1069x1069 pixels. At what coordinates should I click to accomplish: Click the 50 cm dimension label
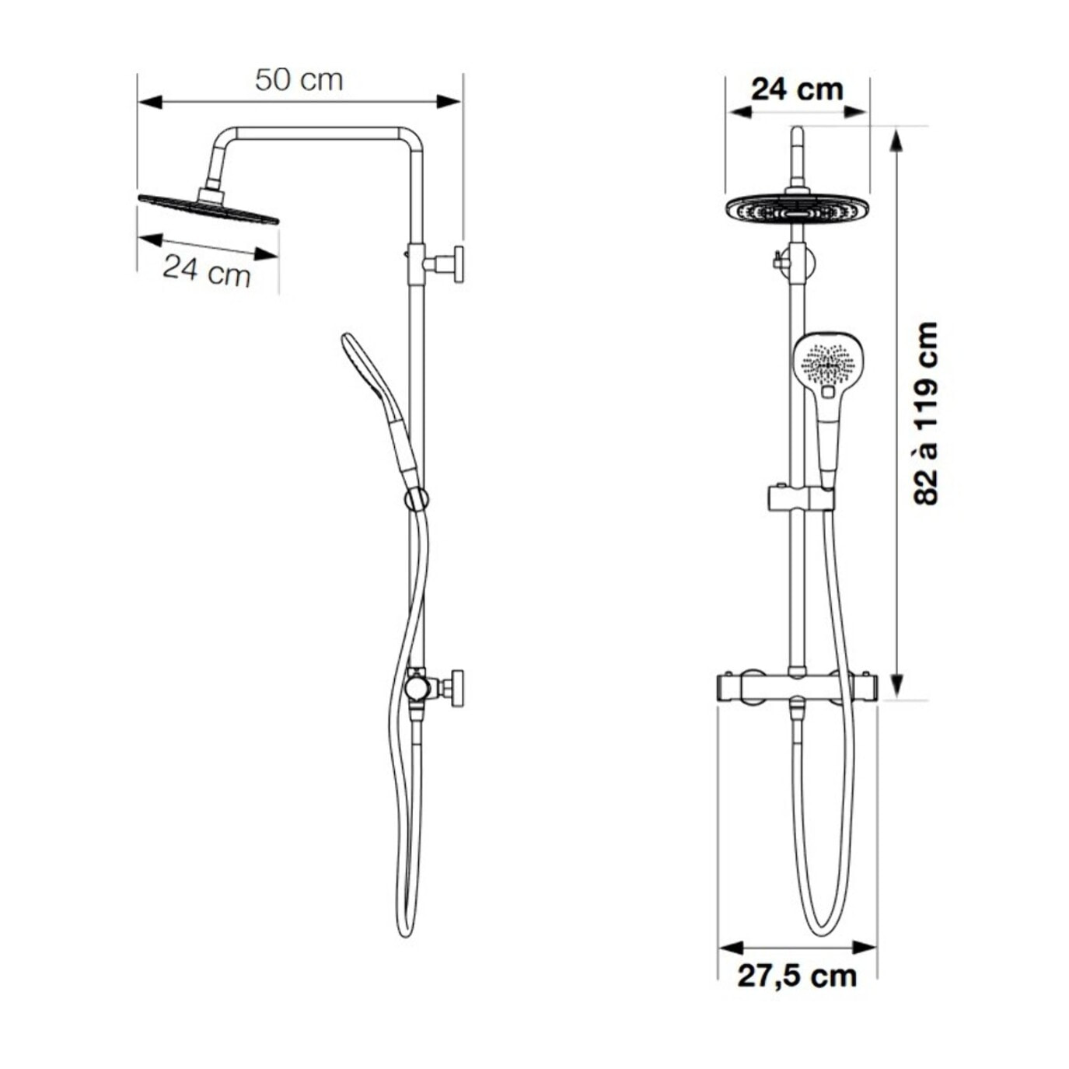coord(299,80)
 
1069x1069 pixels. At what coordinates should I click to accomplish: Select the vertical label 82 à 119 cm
coord(924,413)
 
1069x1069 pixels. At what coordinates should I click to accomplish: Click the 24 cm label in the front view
coord(797,90)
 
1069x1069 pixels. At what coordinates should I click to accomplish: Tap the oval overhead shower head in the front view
coord(797,209)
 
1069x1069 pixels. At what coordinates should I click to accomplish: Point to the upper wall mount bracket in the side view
coord(436,264)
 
